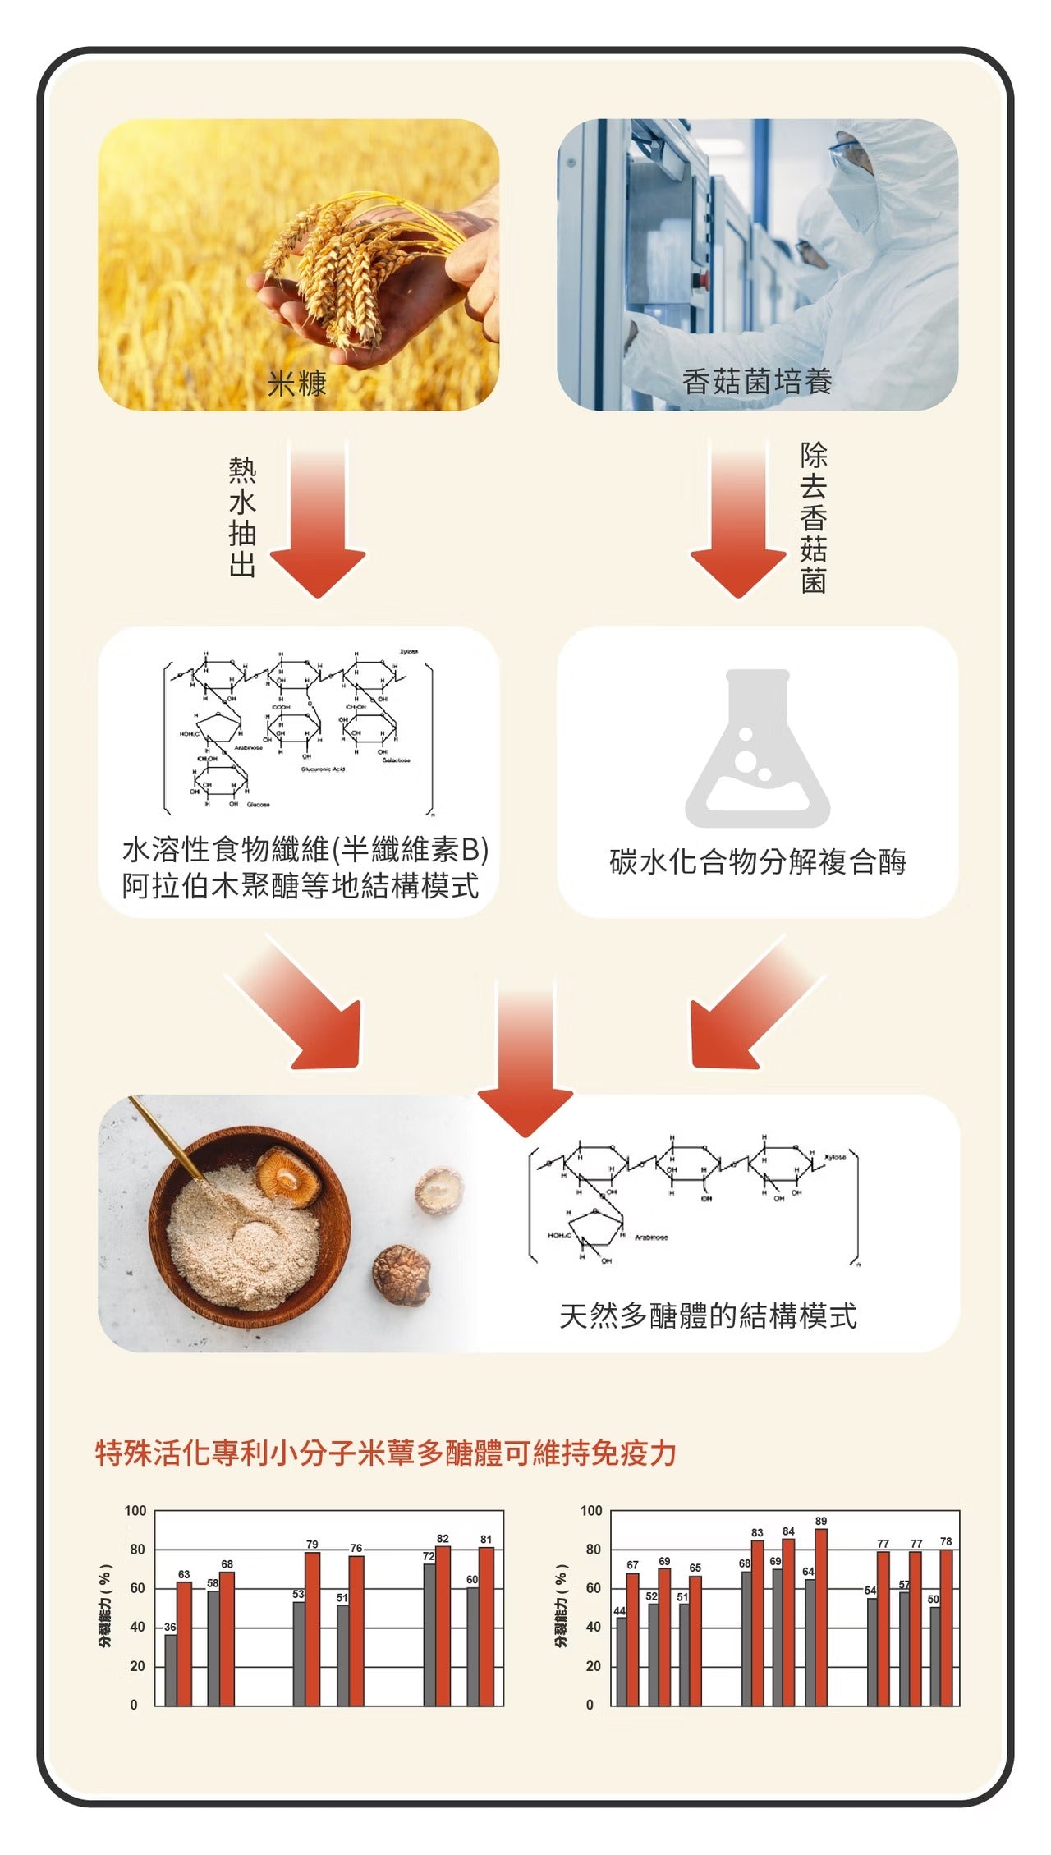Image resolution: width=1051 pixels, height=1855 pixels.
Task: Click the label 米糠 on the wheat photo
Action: tap(297, 383)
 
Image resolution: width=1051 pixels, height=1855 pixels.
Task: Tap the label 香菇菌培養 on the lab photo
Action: tap(757, 382)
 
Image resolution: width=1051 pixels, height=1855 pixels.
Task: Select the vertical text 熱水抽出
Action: tap(242, 517)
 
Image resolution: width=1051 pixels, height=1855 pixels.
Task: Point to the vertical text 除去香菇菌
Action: tap(813, 517)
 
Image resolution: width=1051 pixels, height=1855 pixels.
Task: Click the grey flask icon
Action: tap(757, 749)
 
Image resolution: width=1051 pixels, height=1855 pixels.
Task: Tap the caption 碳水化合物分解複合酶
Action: tap(757, 861)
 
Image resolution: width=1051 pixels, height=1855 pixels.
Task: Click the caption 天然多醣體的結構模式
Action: tap(708, 1315)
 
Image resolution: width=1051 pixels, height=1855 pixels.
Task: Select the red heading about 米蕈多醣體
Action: tap(386, 1453)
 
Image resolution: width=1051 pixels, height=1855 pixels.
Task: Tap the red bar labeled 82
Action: tap(443, 1625)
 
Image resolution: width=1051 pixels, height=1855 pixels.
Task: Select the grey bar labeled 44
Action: tap(621, 1661)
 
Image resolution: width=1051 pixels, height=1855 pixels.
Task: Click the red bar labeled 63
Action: tap(184, 1643)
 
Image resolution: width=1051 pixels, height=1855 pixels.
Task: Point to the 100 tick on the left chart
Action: tap(135, 1511)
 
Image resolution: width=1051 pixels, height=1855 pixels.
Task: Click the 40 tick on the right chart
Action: tap(593, 1628)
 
